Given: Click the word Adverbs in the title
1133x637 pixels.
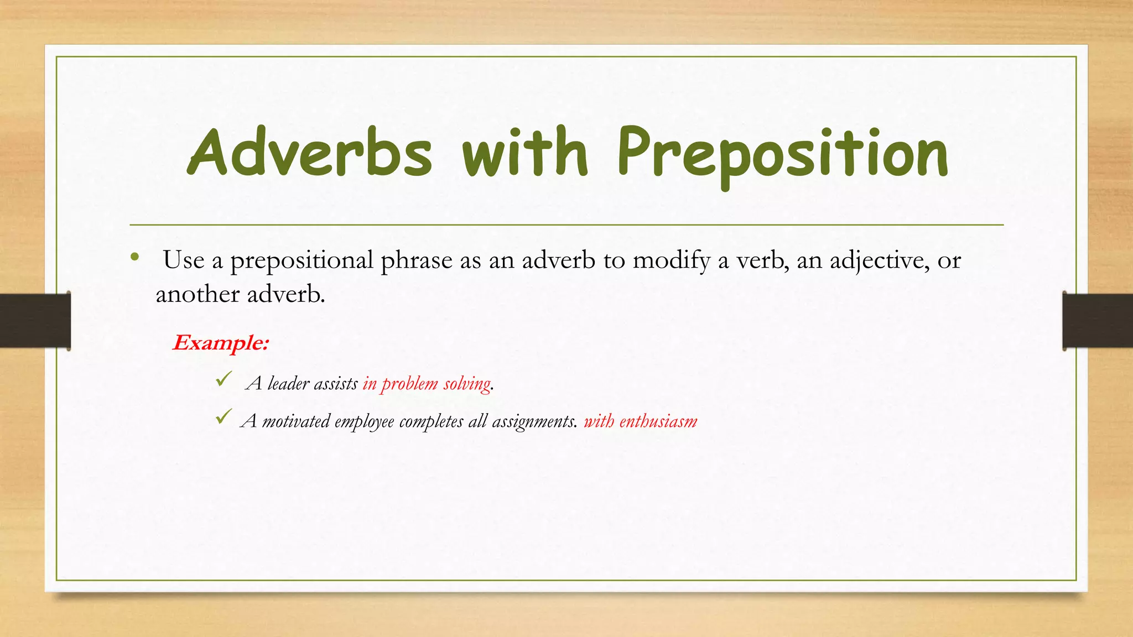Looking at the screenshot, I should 310,152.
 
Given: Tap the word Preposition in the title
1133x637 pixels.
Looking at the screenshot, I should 782,154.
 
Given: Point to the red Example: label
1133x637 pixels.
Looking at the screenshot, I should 221,343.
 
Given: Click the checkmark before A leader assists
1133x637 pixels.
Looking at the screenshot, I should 224,379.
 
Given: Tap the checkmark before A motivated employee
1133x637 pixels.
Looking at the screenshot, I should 224,417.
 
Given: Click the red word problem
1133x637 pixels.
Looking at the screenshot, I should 409,384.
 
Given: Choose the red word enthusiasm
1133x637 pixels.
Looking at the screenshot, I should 658,421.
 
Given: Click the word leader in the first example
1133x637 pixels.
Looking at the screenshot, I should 288,383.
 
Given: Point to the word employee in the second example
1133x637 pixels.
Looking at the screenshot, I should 364,422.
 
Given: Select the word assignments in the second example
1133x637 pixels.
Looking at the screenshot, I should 534,422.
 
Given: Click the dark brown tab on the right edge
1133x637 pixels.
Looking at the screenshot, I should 1098,321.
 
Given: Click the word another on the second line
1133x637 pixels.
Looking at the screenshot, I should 198,294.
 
